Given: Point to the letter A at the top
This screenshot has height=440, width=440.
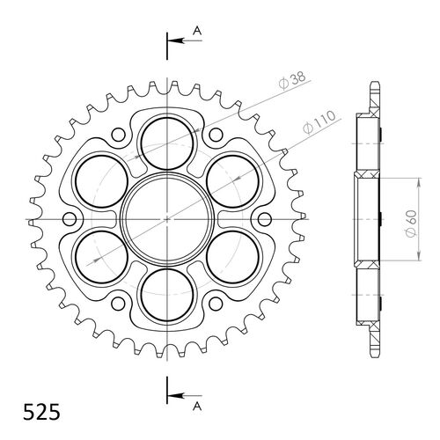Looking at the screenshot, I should (x=198, y=32).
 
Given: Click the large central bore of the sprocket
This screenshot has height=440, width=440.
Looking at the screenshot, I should (x=165, y=216).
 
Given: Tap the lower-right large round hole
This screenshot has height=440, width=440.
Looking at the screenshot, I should (x=234, y=256).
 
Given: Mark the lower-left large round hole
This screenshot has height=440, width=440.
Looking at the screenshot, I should (x=97, y=256).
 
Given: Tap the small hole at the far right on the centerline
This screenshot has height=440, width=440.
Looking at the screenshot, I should (x=262, y=216).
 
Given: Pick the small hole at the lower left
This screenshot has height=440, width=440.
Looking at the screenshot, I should (x=117, y=300).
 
